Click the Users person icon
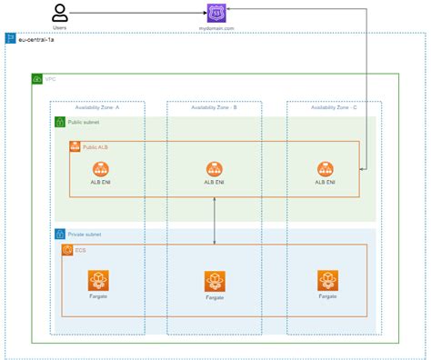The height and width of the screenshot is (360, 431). click(x=60, y=13)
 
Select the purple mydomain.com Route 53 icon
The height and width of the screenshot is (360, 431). click(x=215, y=13)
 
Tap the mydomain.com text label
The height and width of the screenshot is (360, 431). click(x=215, y=28)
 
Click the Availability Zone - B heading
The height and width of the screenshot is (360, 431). click(x=215, y=107)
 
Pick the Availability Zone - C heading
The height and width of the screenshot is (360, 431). click(x=334, y=107)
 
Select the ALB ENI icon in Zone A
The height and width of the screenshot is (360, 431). click(x=101, y=168)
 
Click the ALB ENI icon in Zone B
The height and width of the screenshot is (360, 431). click(x=215, y=168)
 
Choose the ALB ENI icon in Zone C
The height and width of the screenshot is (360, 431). click(x=326, y=168)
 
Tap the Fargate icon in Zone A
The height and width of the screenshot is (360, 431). click(x=98, y=279)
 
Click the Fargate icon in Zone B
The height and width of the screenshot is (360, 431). click(x=215, y=281)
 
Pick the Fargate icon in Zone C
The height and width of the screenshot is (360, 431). click(x=328, y=279)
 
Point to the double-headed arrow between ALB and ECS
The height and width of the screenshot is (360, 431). click(x=215, y=220)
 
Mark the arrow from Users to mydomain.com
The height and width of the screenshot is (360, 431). click(x=136, y=14)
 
